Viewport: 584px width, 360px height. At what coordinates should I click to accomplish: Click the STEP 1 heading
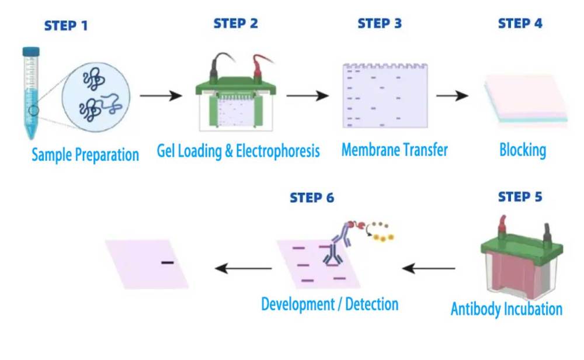[x=66, y=26]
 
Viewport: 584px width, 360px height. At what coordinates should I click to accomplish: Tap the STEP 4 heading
[x=520, y=24]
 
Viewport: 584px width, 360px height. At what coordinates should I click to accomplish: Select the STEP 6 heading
[x=312, y=198]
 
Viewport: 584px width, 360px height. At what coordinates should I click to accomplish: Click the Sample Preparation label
[x=85, y=155]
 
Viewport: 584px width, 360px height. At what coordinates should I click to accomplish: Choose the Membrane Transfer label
[x=394, y=150]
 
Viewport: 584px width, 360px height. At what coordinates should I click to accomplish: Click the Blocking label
[x=522, y=150]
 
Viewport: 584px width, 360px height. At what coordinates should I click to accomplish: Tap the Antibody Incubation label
[x=506, y=309]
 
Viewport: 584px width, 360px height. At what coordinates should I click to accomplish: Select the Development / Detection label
[x=329, y=304]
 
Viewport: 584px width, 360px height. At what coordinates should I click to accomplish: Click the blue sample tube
[x=30, y=94]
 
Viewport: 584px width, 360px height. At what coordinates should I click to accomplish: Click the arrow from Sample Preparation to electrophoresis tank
[x=161, y=95]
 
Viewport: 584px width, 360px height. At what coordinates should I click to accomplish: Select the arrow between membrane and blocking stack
[x=452, y=95]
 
